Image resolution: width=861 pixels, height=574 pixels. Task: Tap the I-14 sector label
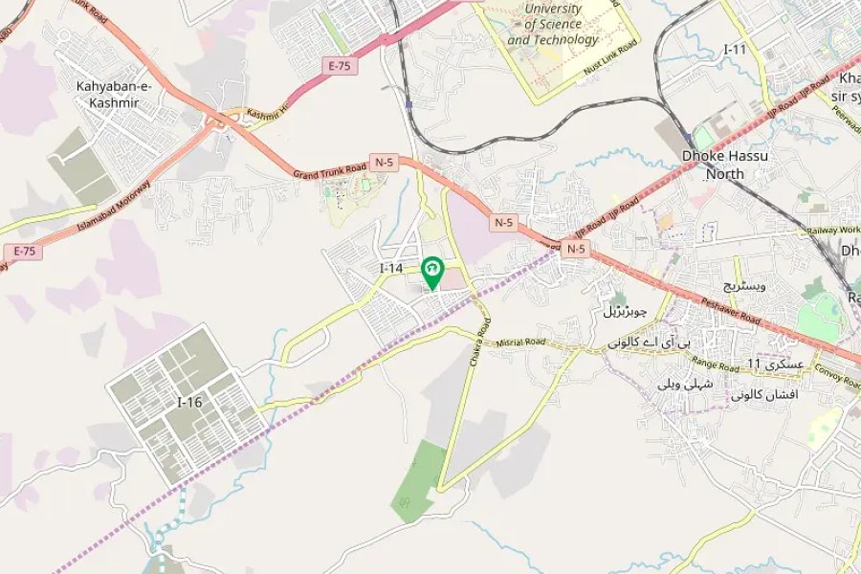click(391, 269)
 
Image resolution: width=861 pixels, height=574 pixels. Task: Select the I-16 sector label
click(189, 403)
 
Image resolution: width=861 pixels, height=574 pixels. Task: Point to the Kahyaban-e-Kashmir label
click(114, 95)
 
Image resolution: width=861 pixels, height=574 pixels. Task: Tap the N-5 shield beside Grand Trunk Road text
click(384, 163)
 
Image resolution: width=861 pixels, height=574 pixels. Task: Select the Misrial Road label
click(520, 342)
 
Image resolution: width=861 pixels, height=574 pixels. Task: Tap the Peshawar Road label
click(730, 306)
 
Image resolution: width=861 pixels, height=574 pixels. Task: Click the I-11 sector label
click(736, 49)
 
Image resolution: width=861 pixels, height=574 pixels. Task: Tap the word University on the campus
click(552, 9)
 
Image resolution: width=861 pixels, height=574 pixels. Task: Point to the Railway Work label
click(832, 231)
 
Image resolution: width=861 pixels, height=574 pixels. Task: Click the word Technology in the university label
click(565, 40)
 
